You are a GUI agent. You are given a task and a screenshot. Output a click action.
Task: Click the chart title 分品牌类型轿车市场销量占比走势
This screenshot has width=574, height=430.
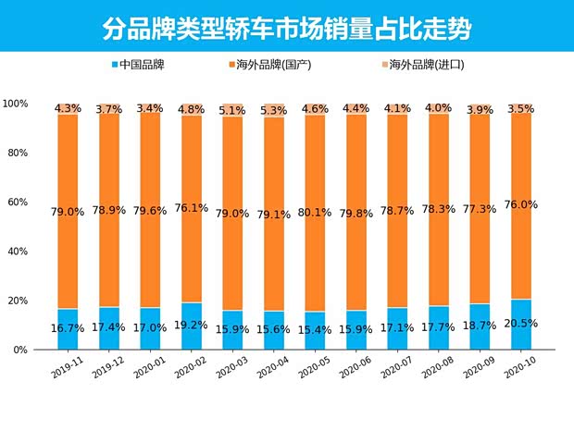286,29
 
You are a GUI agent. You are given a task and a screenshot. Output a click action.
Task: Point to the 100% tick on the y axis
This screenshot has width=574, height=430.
16,104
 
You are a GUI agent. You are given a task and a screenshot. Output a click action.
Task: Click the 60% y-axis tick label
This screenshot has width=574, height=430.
19,202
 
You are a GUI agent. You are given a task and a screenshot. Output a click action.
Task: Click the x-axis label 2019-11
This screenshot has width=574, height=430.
66,368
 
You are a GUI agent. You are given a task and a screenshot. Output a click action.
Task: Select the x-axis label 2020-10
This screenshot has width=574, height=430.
521,368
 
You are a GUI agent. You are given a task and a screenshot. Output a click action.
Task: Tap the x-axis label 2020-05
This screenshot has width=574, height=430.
314,368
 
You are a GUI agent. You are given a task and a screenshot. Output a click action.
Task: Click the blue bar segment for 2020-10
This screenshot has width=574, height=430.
521,335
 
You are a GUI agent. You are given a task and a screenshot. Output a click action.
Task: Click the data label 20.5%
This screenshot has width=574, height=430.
521,323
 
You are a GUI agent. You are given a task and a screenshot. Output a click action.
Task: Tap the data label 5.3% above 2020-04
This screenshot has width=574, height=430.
274,111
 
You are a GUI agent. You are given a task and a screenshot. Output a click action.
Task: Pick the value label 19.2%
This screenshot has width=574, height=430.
192,326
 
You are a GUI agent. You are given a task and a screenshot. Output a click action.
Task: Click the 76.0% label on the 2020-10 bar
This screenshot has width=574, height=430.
521,205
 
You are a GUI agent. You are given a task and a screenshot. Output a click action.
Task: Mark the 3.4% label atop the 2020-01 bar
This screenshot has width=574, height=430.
150,108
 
